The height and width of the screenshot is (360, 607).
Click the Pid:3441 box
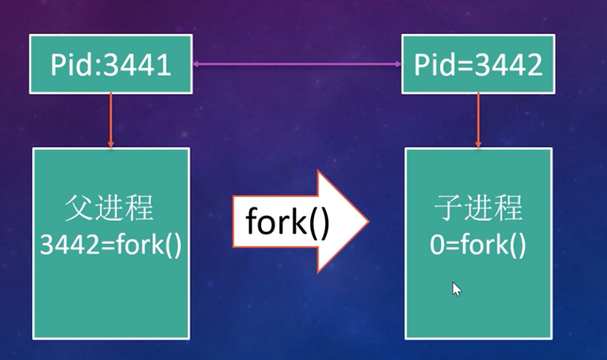[x=111, y=64]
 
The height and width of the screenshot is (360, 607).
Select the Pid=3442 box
[x=479, y=64]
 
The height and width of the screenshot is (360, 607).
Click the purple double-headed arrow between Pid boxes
[x=297, y=64]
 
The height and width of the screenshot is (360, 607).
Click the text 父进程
[x=111, y=209]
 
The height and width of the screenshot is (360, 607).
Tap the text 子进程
[x=478, y=209]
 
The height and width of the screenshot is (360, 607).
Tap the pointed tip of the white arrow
[x=367, y=221]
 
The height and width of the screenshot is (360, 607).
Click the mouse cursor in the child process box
[x=456, y=288]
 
